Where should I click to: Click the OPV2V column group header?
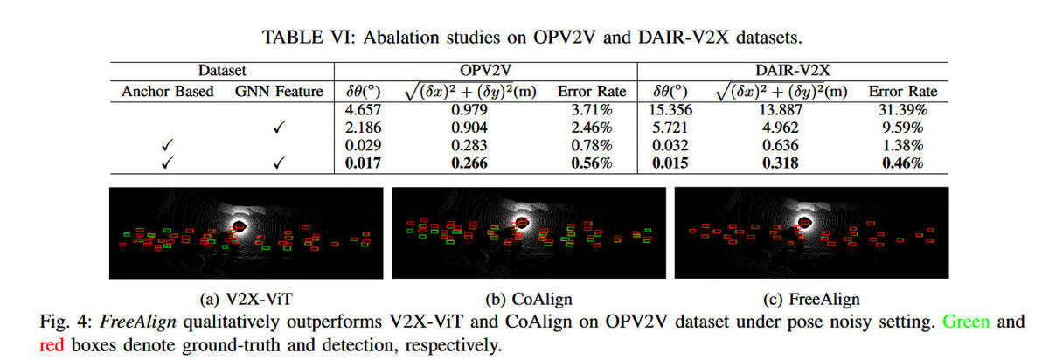click(x=485, y=71)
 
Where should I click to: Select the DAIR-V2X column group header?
click(x=791, y=71)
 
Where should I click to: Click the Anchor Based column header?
click(x=168, y=92)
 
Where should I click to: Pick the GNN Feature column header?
click(x=279, y=92)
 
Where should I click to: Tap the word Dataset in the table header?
click(x=221, y=71)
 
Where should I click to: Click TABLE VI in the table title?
click(x=297, y=38)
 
